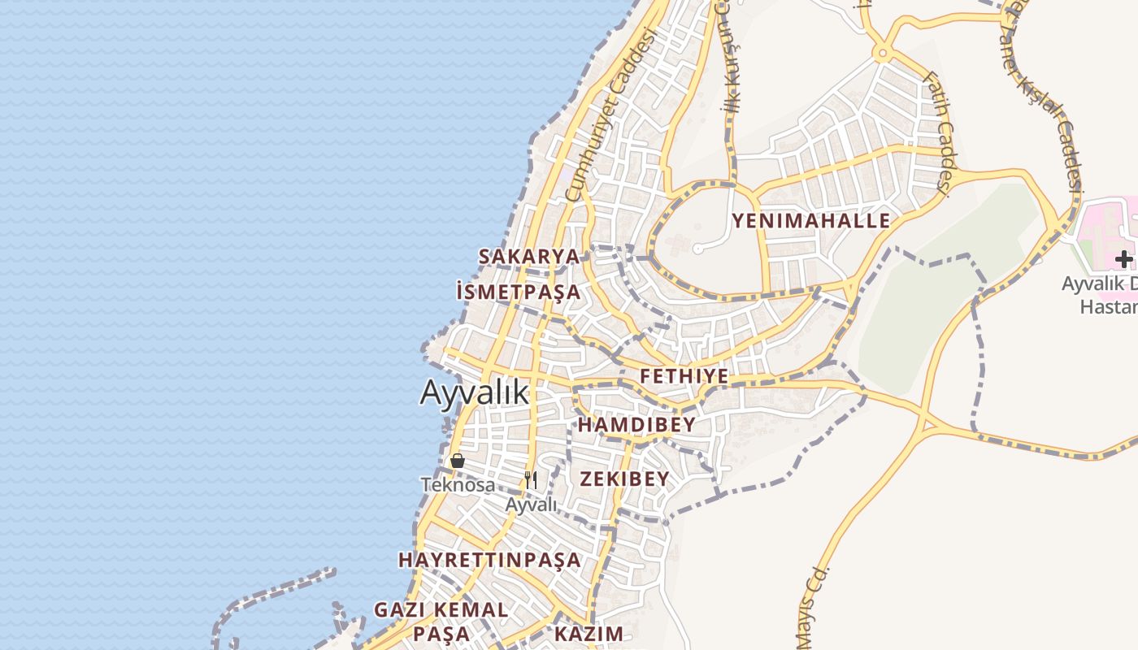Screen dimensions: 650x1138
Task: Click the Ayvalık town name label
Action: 474,392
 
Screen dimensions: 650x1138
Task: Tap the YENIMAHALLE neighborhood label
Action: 810,221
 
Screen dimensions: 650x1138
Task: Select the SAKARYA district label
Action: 529,257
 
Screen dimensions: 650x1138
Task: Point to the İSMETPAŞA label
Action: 519,292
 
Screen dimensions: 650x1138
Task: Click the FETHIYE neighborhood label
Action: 684,376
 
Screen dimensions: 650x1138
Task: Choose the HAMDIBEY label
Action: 636,425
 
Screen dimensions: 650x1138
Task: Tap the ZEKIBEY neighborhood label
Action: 624,479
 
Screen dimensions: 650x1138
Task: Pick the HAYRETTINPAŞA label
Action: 489,560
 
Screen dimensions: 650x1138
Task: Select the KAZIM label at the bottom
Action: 589,634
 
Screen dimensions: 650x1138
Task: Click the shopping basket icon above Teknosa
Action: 458,461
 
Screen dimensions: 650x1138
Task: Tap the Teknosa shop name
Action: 458,485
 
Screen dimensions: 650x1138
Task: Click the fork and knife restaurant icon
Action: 531,480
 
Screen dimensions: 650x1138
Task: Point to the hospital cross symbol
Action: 1123,259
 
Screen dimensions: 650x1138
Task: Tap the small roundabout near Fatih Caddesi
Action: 881,55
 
